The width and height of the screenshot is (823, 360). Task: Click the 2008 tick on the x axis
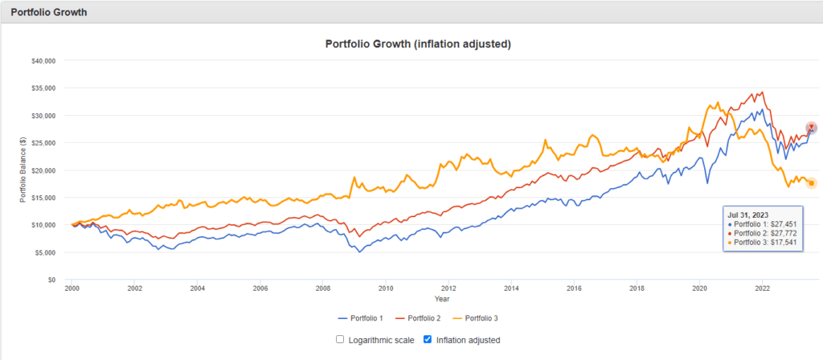point(322,288)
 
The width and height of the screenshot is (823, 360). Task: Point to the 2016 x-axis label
point(574,288)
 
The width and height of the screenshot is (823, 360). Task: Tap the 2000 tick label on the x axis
point(72,288)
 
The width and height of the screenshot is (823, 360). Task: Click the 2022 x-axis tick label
point(762,288)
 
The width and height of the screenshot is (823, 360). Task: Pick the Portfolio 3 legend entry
point(485,319)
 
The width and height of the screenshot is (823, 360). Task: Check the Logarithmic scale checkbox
point(341,340)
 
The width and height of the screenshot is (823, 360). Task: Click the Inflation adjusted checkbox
point(427,340)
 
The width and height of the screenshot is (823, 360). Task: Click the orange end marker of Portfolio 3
point(811,183)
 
